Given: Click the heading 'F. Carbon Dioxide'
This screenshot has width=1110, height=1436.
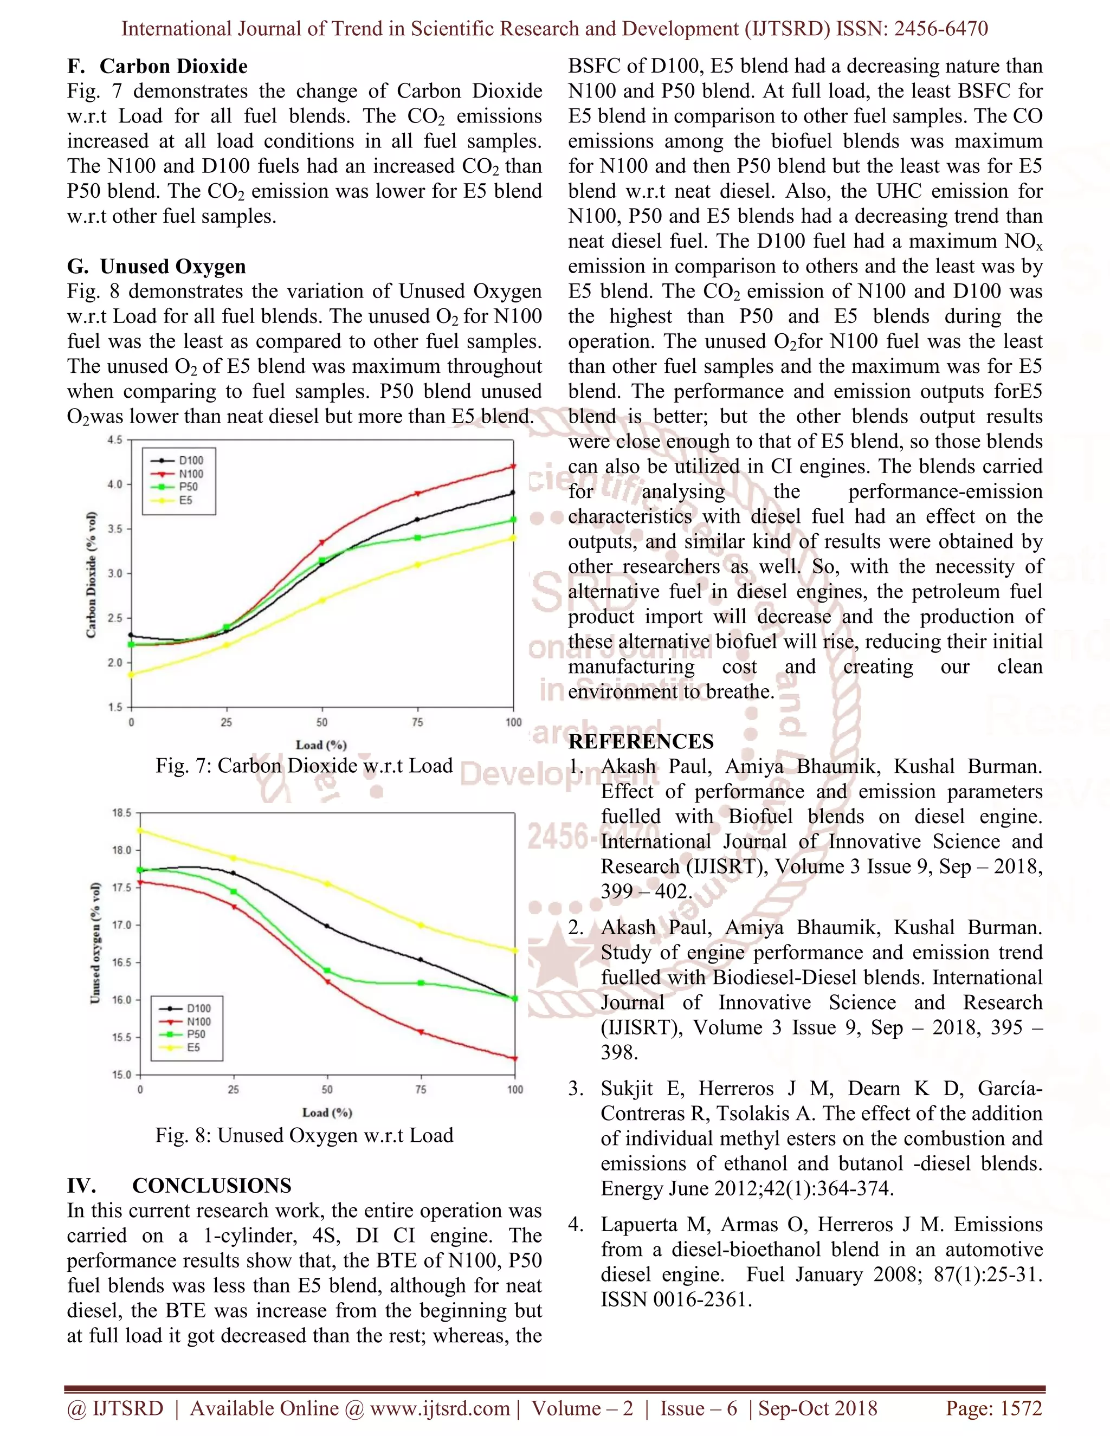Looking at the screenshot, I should tap(157, 67).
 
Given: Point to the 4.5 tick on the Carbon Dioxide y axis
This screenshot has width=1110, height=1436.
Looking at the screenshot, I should tap(115, 440).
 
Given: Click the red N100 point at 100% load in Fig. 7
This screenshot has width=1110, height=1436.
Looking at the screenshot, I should tap(513, 467).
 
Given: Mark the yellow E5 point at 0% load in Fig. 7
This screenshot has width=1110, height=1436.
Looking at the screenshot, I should tap(131, 674).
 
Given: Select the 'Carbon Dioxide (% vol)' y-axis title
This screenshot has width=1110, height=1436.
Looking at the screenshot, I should tap(92, 574).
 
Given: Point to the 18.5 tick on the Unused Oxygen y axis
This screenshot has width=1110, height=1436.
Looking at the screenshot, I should tap(121, 813).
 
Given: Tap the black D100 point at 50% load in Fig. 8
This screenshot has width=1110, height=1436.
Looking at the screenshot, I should tap(327, 926).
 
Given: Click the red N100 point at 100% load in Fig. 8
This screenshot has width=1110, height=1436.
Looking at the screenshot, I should tap(515, 1059).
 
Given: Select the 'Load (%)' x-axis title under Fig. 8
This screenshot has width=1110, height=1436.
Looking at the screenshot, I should tap(327, 1112).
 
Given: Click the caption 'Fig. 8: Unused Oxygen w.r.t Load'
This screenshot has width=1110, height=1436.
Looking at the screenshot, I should tap(304, 1135).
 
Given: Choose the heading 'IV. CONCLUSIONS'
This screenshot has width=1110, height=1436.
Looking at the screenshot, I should tap(179, 1186).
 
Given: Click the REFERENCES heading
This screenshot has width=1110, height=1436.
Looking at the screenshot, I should tap(641, 742).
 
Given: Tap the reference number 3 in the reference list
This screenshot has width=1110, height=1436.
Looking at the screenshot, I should tap(576, 1088).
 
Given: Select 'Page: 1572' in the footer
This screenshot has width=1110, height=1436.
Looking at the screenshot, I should tap(993, 1408).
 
